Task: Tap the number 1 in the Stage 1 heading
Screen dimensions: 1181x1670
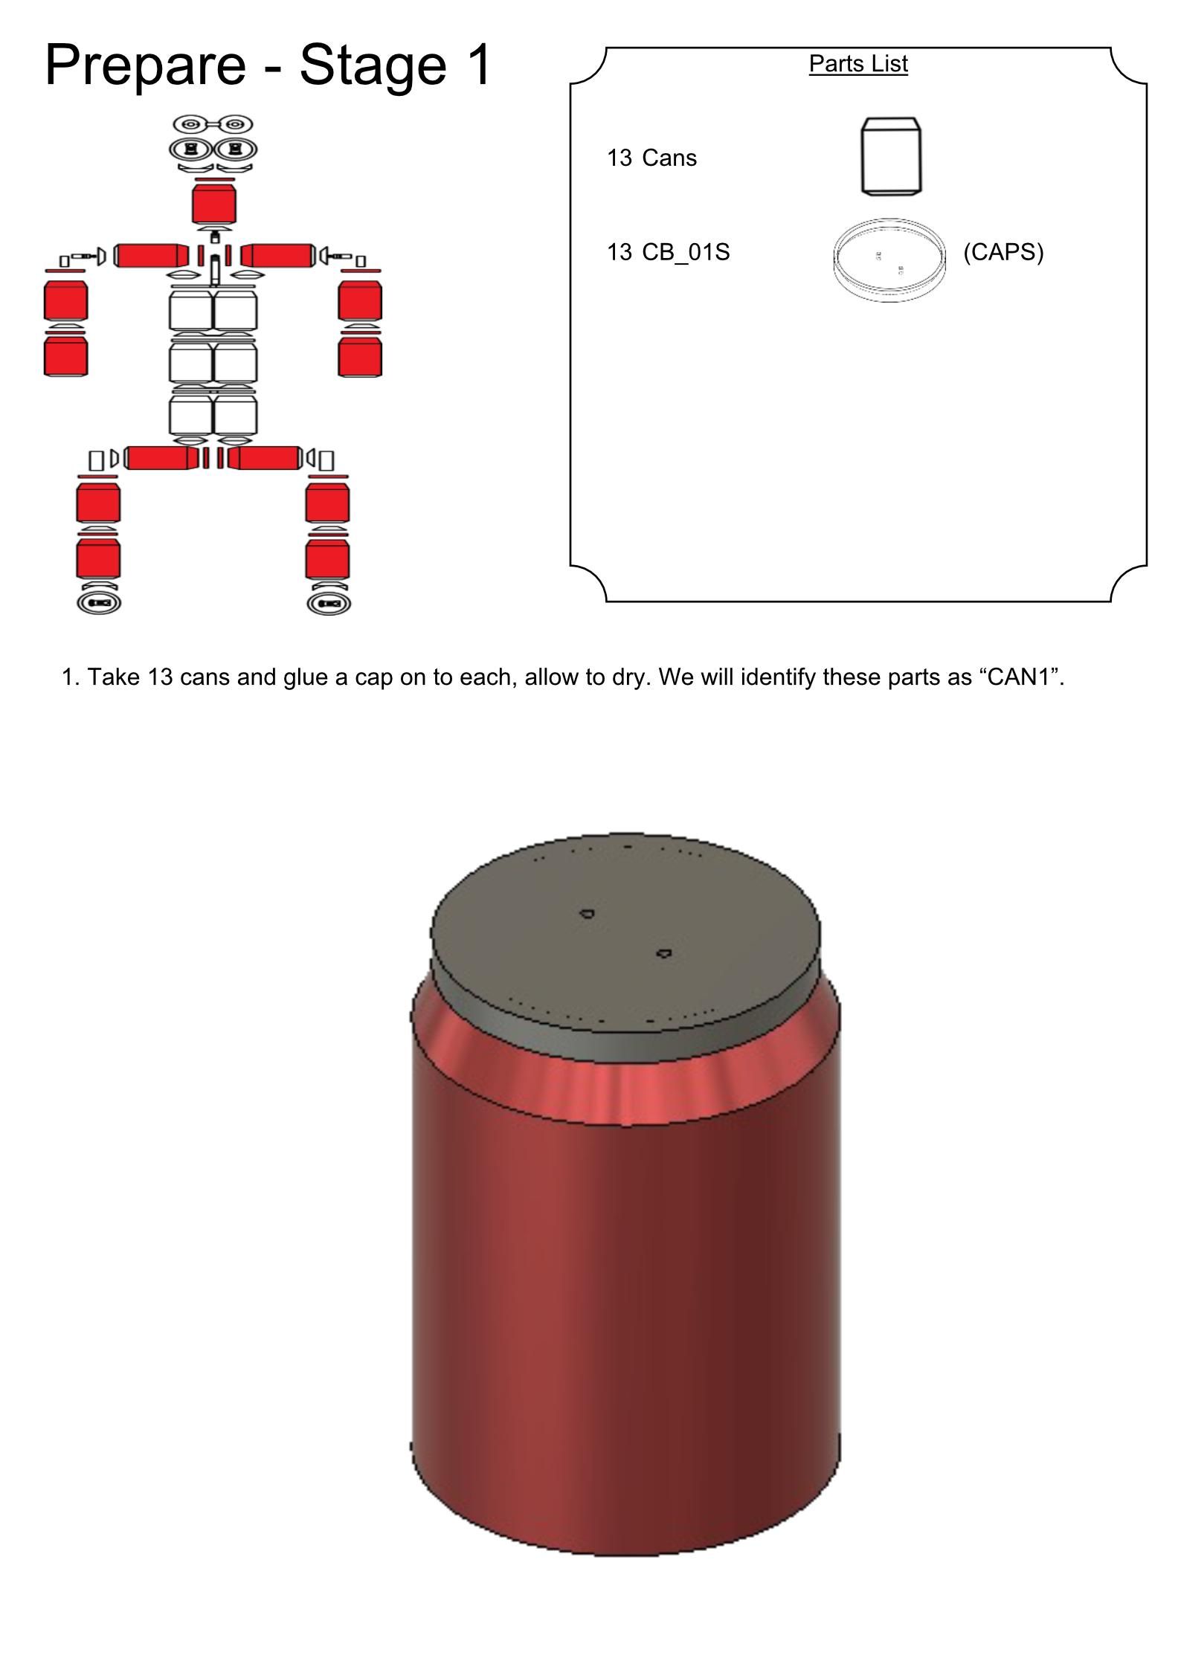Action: point(477,64)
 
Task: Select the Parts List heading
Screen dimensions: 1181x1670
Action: point(858,64)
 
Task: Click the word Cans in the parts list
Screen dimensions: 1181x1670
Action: point(669,158)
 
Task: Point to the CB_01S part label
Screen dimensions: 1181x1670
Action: point(686,253)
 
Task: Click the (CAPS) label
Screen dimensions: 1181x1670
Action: point(1003,253)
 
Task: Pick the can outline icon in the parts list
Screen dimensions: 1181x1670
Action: point(891,157)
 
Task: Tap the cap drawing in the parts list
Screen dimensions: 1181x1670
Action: point(890,259)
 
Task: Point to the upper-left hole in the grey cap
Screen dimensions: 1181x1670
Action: point(587,913)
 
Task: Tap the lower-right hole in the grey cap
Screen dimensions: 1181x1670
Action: point(663,953)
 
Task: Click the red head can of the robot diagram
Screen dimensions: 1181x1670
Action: point(214,203)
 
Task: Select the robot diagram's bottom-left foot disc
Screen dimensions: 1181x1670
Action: point(99,602)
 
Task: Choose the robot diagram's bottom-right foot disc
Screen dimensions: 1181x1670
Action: point(329,602)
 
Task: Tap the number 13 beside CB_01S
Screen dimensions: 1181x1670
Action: point(619,253)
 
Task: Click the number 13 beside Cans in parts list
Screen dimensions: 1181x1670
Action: point(619,158)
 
